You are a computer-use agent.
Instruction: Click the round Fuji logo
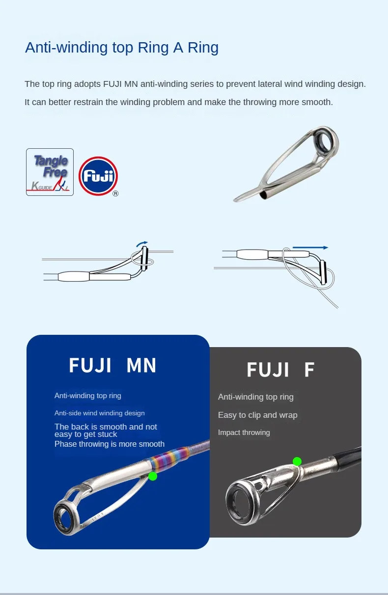pos(98,176)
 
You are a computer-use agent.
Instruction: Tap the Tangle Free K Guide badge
pos(50,172)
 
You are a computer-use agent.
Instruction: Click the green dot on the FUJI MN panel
pos(153,476)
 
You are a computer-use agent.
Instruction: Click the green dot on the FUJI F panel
pos(297,461)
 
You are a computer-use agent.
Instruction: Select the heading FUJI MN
pos(112,366)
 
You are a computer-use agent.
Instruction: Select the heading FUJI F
pos(280,370)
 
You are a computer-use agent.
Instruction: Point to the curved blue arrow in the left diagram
pos(142,243)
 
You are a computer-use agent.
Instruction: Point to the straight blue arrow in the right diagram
pos(310,247)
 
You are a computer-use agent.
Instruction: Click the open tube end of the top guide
pos(263,195)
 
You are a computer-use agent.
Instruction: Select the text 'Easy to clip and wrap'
pos(257,415)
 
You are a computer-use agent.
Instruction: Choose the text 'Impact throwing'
pos(244,433)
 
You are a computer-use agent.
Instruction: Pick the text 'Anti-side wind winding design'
pos(99,413)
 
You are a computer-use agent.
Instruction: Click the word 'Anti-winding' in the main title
pos(66,48)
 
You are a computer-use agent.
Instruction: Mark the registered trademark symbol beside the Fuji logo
pos(115,193)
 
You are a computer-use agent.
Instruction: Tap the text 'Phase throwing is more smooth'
pos(109,444)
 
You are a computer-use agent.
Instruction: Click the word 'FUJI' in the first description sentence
pos(112,84)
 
